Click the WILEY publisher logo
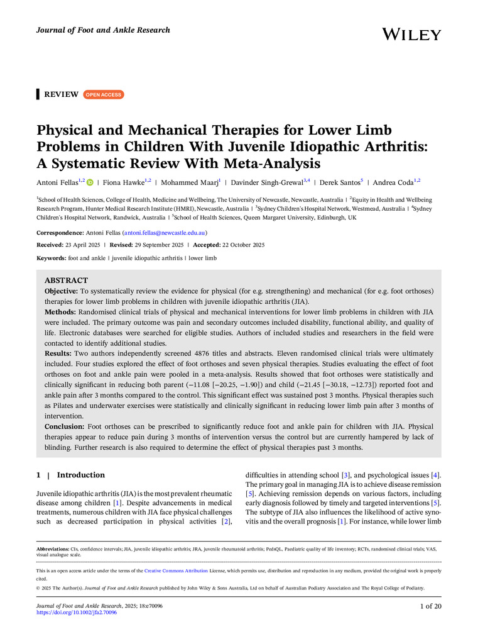[x=411, y=35]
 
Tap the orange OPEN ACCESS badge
[x=104, y=94]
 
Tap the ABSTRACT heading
[x=66, y=280]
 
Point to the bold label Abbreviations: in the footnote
[x=57, y=549]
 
